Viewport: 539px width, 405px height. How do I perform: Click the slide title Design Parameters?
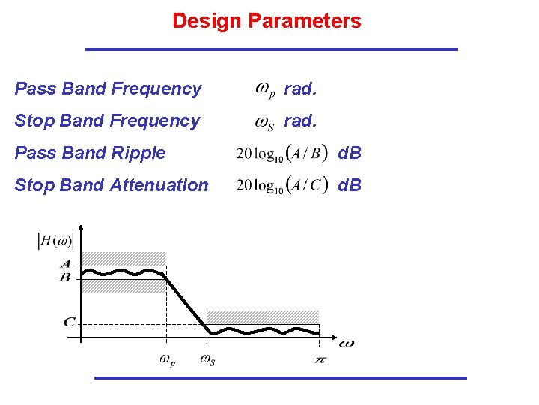[x=267, y=21]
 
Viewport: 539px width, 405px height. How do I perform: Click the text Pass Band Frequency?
[x=108, y=88]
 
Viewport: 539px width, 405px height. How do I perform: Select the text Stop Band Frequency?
[x=107, y=121]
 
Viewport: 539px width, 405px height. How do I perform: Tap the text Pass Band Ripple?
[x=90, y=153]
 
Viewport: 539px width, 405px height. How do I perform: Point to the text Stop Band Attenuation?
[x=112, y=185]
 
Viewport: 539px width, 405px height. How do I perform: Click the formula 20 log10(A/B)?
[x=281, y=154]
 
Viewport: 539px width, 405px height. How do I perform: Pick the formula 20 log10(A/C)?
[x=281, y=185]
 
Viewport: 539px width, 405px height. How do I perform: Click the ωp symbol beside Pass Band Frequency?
[x=265, y=89]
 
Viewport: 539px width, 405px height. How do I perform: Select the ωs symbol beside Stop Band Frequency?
[x=265, y=121]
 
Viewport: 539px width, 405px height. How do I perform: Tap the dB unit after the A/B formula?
[x=350, y=154]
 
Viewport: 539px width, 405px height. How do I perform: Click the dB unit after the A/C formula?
[x=350, y=185]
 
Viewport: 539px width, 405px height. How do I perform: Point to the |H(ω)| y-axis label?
[x=55, y=241]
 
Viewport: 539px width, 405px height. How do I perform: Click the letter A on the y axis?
[x=66, y=264]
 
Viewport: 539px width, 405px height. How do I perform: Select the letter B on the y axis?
[x=66, y=277]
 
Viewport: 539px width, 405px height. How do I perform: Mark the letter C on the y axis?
[x=68, y=322]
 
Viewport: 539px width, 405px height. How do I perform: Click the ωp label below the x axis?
[x=168, y=360]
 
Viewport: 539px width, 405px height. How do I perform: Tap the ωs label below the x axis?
[x=207, y=360]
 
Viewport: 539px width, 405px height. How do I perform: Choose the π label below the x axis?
[x=320, y=360]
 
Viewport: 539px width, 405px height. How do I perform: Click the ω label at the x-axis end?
[x=346, y=343]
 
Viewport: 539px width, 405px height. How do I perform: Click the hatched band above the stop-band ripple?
[x=262, y=316]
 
